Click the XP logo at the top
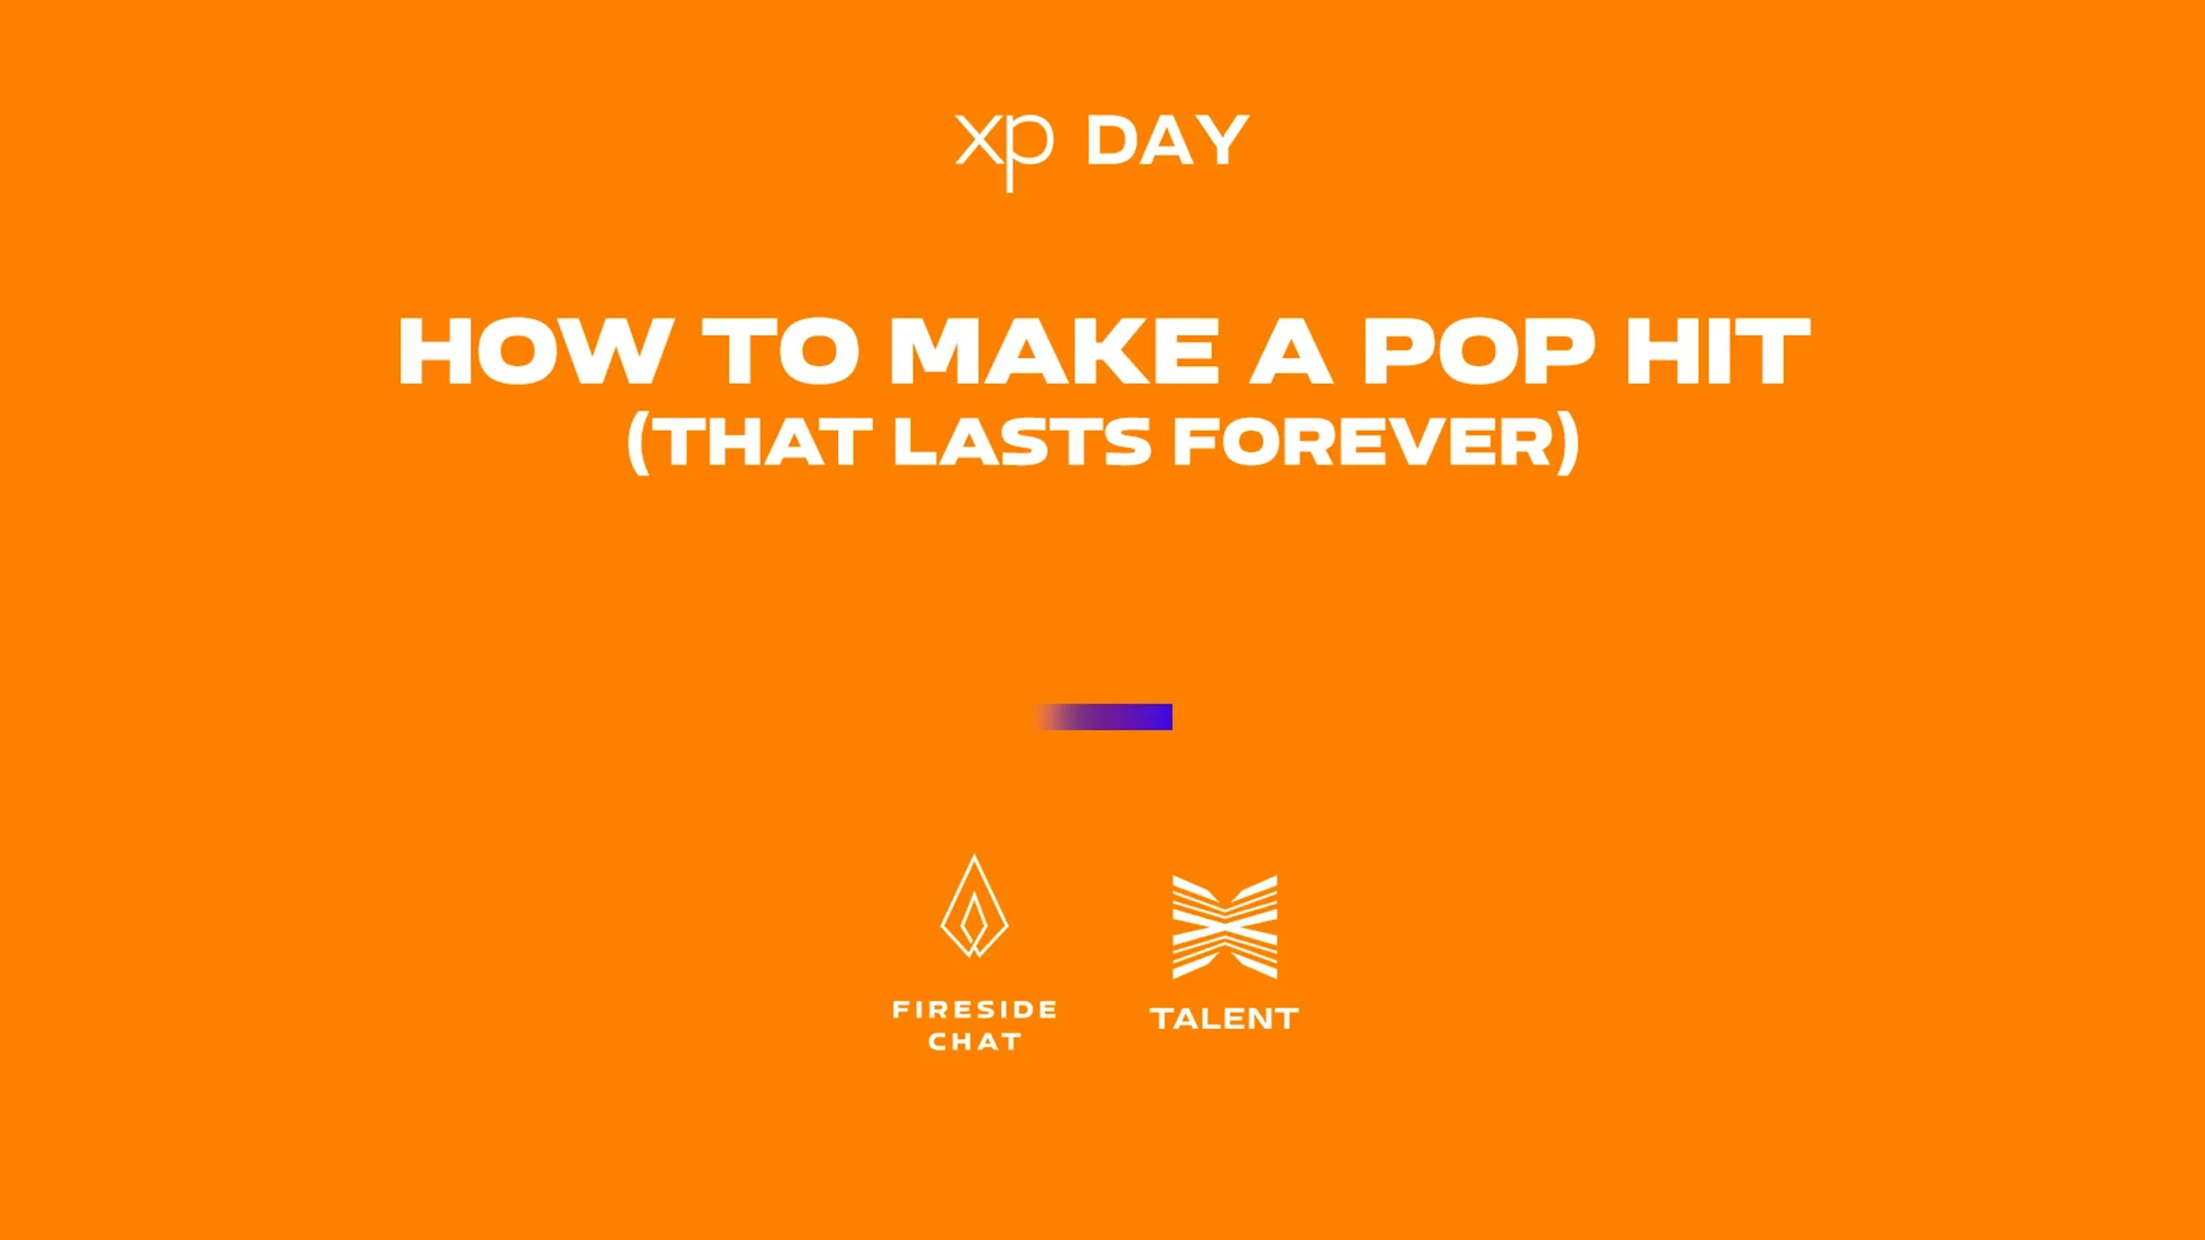pos(1003,150)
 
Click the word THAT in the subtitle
pos(764,443)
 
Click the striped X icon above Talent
pos(1225,927)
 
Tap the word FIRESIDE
pos(974,1010)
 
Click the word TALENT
pos(1225,1018)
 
